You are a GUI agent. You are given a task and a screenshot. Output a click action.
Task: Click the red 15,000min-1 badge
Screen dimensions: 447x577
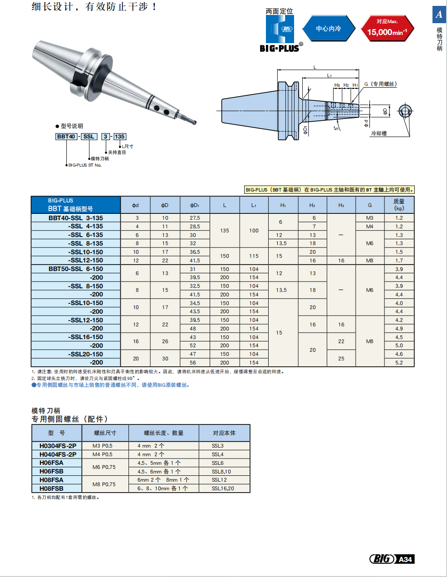pos(387,28)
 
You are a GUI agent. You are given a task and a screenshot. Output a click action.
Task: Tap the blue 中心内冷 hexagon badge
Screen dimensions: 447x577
pos(329,28)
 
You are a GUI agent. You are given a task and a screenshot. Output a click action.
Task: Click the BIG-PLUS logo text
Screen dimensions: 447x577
pos(279,48)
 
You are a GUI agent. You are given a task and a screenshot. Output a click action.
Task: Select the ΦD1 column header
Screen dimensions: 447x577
pos(195,205)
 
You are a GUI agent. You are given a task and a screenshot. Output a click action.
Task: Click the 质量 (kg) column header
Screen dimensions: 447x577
pos(399,205)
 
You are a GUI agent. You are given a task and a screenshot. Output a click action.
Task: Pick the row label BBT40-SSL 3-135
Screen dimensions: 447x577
pos(76,218)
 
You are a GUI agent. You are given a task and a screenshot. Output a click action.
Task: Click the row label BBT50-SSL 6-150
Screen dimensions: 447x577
pos(76,269)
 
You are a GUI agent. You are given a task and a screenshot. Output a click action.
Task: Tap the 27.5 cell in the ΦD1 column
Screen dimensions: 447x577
pos(195,218)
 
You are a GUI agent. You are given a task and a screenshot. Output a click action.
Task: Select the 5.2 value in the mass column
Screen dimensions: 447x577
pos(399,362)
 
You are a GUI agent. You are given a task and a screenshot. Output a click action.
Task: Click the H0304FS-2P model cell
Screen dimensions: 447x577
pos(58,446)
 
